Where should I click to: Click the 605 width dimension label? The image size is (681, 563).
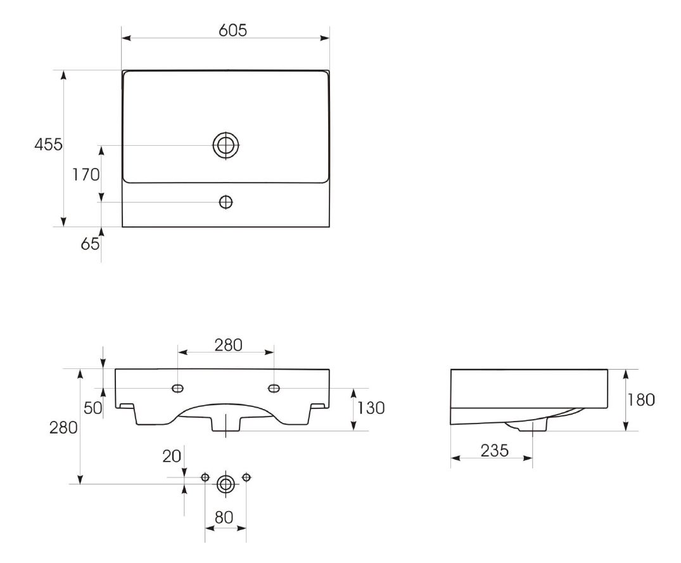click(x=232, y=30)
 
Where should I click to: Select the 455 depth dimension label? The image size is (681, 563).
click(x=49, y=145)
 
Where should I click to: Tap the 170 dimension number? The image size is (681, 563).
click(x=86, y=175)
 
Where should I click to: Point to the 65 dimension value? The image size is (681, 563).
click(x=91, y=244)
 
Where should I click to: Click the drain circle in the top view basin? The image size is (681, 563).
click(x=226, y=145)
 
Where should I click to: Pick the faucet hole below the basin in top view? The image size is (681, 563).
click(x=226, y=202)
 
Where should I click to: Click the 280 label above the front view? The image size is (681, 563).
click(x=229, y=345)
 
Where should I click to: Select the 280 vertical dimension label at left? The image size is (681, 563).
click(x=63, y=428)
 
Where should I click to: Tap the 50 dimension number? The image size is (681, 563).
click(x=93, y=408)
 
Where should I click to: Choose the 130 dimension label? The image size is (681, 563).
click(x=371, y=408)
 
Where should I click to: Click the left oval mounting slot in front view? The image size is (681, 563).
click(x=177, y=388)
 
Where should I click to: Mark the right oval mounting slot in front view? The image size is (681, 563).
click(x=274, y=388)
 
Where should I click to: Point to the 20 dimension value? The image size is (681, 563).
click(x=172, y=456)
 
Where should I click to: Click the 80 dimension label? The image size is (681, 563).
click(x=224, y=518)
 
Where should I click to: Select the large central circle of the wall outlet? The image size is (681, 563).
click(x=226, y=484)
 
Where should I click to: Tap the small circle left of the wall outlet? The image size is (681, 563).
click(x=205, y=477)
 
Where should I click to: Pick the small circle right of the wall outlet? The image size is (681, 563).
click(x=246, y=477)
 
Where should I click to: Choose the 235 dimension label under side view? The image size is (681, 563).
click(x=495, y=451)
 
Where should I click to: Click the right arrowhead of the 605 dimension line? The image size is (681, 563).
click(x=324, y=38)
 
